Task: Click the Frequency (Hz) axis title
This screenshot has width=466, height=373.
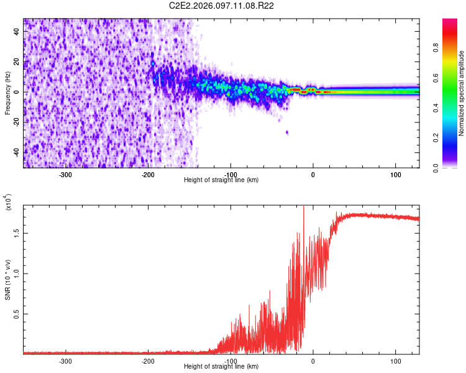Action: [7, 93]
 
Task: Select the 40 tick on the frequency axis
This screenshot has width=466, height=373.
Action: [17, 30]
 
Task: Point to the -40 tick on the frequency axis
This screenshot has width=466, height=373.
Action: [17, 152]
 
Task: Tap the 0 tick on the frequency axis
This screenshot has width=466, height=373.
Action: [17, 92]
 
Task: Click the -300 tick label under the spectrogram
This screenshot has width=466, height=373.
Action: [66, 174]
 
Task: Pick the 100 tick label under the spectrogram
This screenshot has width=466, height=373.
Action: [395, 174]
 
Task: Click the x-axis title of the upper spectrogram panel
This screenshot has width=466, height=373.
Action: [221, 180]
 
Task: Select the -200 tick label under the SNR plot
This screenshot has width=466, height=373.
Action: [148, 361]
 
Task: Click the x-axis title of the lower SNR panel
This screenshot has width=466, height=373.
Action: [221, 366]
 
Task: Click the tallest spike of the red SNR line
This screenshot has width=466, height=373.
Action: [303, 208]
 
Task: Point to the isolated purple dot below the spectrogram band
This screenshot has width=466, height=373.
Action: [286, 132]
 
